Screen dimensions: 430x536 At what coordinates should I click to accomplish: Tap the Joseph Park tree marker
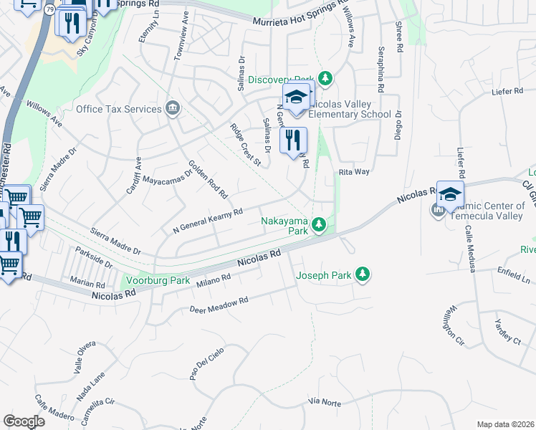[363, 274]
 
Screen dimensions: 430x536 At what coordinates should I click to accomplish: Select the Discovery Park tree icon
[325, 77]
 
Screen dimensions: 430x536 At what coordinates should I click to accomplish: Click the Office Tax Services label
[118, 109]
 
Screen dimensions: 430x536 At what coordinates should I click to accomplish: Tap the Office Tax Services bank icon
[172, 109]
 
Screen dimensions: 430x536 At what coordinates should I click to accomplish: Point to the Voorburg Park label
[158, 280]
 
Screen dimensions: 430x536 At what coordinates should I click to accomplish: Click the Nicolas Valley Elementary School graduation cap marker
[297, 97]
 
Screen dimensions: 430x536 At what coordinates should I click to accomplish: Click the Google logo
[24, 421]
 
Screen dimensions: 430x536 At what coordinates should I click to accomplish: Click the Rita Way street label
[354, 172]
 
